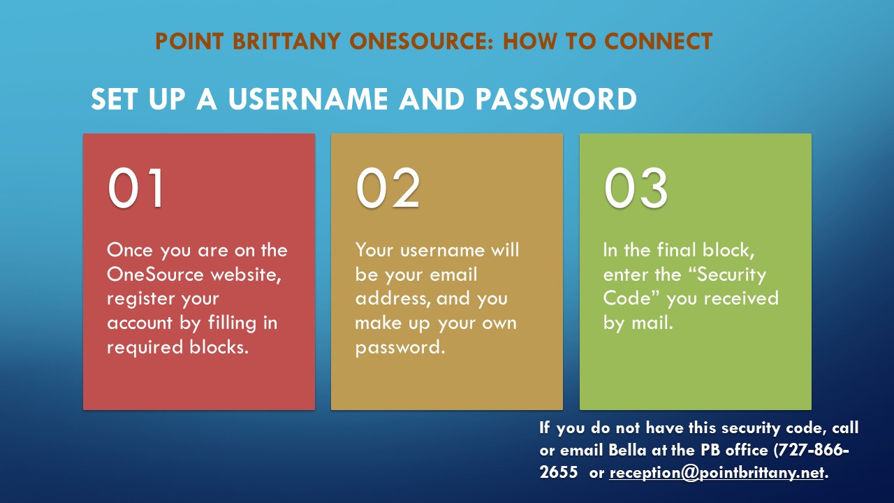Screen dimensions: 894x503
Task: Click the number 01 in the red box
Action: point(135,188)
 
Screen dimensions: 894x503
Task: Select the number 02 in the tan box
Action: point(388,188)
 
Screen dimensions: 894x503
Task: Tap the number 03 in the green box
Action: point(636,188)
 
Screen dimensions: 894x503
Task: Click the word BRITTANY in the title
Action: point(286,41)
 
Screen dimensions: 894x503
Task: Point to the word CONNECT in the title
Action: point(658,41)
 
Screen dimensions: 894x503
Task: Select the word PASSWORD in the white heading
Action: point(556,99)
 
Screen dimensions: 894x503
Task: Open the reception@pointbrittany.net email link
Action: point(717,473)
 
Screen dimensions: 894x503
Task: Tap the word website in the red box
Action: point(246,275)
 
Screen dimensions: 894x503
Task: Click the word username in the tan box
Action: point(442,251)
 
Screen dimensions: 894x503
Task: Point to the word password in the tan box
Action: point(400,348)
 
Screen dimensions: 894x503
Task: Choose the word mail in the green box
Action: point(652,323)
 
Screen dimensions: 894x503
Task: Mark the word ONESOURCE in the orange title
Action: point(421,41)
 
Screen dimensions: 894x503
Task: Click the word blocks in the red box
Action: point(219,347)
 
